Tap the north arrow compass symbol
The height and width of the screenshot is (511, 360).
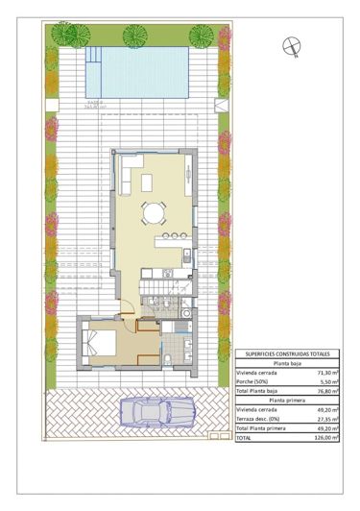point(290,43)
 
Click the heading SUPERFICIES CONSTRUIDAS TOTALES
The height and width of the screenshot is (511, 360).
point(288,354)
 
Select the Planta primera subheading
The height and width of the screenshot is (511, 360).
point(288,401)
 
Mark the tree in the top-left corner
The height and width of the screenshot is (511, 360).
point(65,36)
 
